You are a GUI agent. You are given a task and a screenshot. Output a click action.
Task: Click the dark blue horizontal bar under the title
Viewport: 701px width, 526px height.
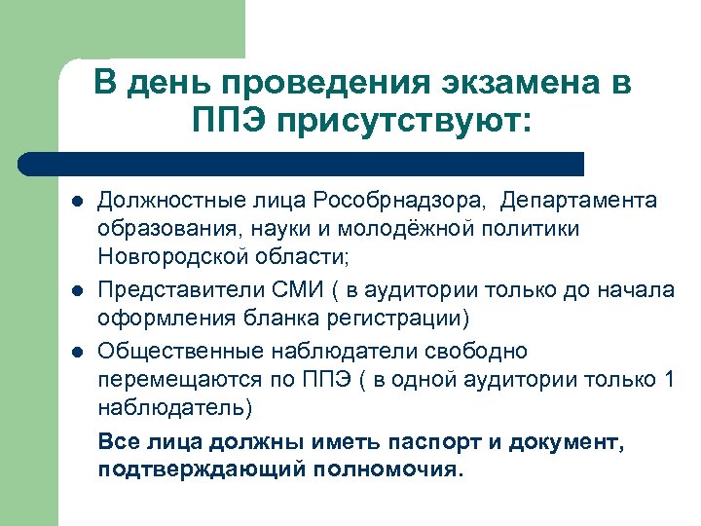point(302,163)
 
